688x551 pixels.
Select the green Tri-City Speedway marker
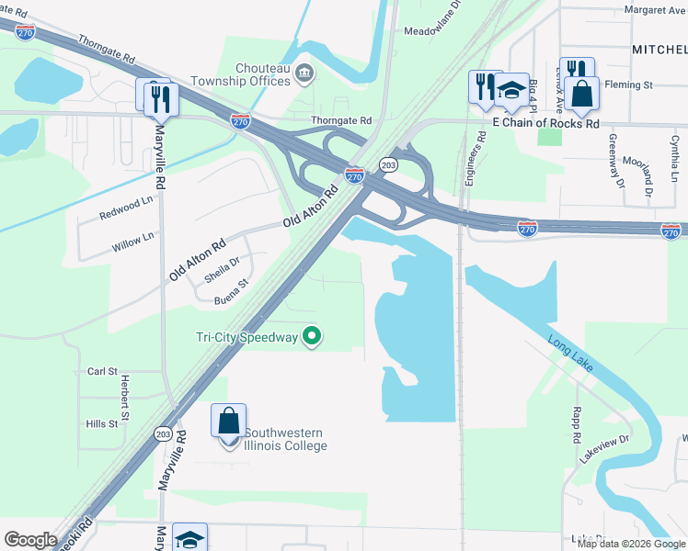click(x=312, y=337)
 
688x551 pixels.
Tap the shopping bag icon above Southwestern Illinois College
click(x=229, y=422)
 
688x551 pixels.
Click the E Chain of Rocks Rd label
click(x=545, y=123)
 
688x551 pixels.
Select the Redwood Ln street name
click(x=126, y=208)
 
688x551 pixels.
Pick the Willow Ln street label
click(x=133, y=241)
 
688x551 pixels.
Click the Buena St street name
click(x=232, y=294)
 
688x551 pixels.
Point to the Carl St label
click(x=101, y=372)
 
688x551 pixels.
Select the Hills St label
click(x=101, y=423)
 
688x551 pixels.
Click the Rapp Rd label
click(x=577, y=421)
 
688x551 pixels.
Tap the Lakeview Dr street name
click(x=604, y=449)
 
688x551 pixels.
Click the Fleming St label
click(x=634, y=85)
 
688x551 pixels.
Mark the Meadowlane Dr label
click(x=437, y=30)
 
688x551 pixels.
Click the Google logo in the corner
click(x=30, y=540)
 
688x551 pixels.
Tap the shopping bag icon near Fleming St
click(x=582, y=93)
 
